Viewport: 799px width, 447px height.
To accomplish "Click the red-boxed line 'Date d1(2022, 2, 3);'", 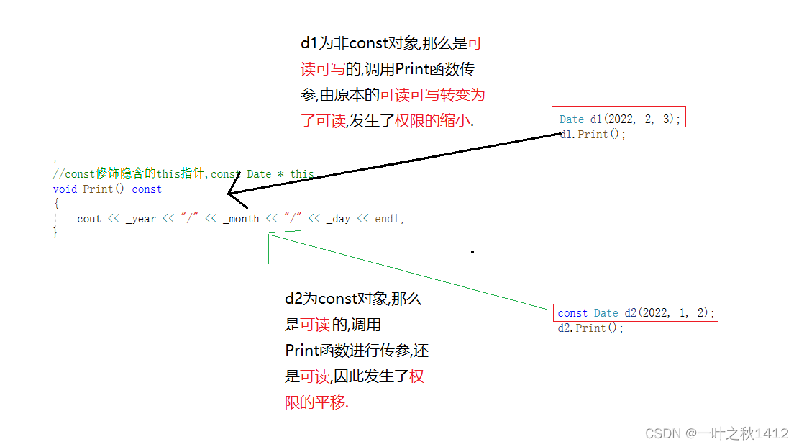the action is (x=620, y=119).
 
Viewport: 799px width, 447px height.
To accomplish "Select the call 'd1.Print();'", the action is (x=593, y=135).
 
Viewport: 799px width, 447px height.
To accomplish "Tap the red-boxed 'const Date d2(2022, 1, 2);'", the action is (x=636, y=312).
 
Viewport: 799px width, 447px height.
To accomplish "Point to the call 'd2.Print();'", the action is (x=590, y=328).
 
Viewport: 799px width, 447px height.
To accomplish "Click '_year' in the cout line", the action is (x=140, y=219).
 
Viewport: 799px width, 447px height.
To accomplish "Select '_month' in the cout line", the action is (x=241, y=219).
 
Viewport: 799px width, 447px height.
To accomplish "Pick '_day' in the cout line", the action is (x=338, y=219).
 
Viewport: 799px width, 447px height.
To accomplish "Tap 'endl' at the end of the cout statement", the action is (x=388, y=219).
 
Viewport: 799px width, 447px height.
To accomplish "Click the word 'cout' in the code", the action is (x=89, y=219).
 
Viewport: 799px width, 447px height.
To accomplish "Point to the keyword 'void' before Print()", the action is (x=65, y=189).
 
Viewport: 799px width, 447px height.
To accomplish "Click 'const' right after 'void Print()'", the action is (x=147, y=189).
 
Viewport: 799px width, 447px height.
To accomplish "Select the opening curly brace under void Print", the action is (x=55, y=204).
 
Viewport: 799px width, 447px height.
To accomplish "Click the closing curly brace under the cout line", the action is (x=55, y=232).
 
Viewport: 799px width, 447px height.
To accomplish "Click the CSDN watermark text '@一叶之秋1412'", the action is (x=736, y=433).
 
